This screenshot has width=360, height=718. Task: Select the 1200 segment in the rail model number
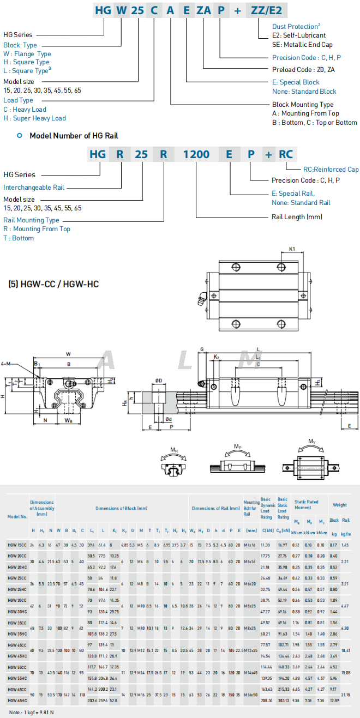click(x=196, y=154)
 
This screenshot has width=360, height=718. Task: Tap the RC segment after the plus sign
click(x=286, y=154)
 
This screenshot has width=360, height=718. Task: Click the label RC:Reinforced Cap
click(x=331, y=170)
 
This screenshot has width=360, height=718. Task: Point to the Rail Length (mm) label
click(x=297, y=216)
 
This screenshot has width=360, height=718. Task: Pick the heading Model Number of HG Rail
click(x=74, y=135)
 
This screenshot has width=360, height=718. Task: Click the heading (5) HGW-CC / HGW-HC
click(x=53, y=284)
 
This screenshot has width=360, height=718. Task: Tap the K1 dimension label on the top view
click(x=292, y=249)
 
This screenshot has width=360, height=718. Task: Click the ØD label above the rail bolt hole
click(x=158, y=380)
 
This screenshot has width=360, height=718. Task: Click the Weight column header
click(x=339, y=505)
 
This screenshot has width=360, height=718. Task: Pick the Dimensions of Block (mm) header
click(x=122, y=508)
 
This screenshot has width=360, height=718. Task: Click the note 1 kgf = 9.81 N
click(x=31, y=712)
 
